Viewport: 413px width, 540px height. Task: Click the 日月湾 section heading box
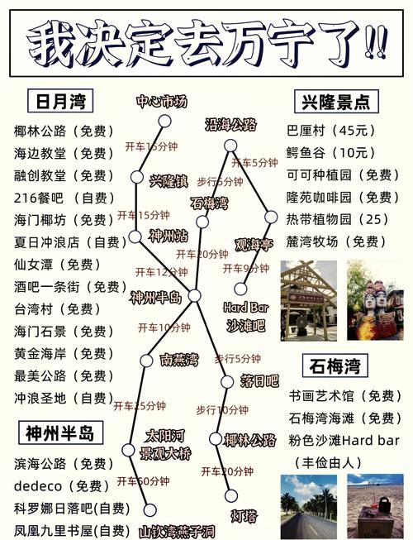click(59, 102)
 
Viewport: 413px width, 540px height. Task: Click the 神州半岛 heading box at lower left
click(59, 432)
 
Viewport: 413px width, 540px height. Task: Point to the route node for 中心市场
click(164, 122)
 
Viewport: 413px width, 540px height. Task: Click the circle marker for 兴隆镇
click(138, 176)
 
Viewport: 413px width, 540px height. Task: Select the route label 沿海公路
click(231, 125)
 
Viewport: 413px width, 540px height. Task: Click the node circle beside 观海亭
click(270, 217)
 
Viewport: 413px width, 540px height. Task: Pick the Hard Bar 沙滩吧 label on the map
click(244, 317)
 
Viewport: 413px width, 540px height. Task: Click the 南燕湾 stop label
click(179, 360)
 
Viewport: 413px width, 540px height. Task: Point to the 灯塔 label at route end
click(244, 516)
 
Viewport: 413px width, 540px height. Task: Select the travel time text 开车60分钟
click(142, 481)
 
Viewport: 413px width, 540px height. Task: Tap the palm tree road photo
click(308, 506)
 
